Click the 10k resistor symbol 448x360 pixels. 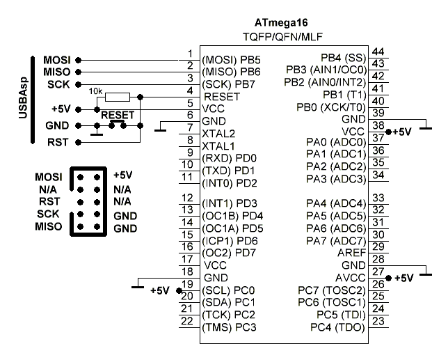point(118,96)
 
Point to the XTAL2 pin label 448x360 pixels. point(217,133)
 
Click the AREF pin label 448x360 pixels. point(351,253)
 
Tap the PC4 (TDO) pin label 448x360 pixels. point(337,327)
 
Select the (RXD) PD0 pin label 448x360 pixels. point(228,158)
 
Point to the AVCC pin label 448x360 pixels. point(350,279)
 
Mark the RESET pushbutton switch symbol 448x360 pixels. point(117,125)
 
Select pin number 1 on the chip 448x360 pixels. point(190,53)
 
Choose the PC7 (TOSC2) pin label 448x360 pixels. point(331,290)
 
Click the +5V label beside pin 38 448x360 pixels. point(403,131)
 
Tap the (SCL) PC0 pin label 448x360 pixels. point(228,290)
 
